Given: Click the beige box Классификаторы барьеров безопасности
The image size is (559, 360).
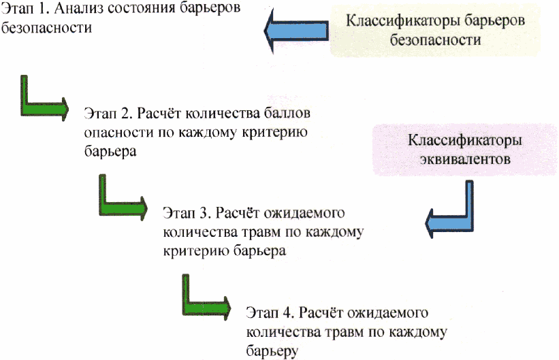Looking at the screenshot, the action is pos(435,31).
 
